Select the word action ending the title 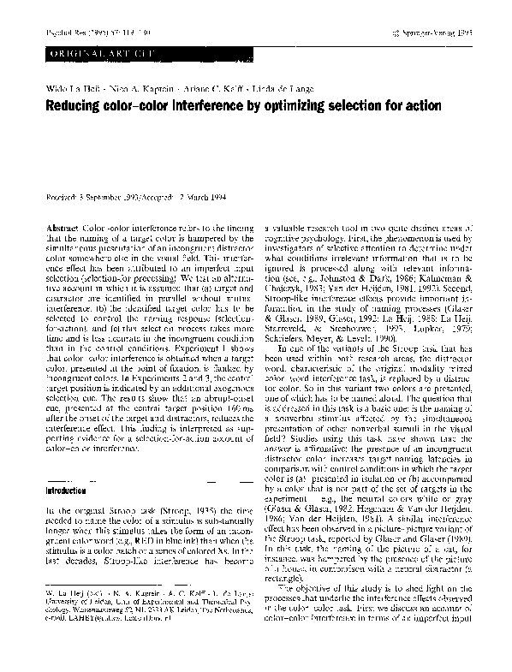tap(419, 106)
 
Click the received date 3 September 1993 tap(107, 197)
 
